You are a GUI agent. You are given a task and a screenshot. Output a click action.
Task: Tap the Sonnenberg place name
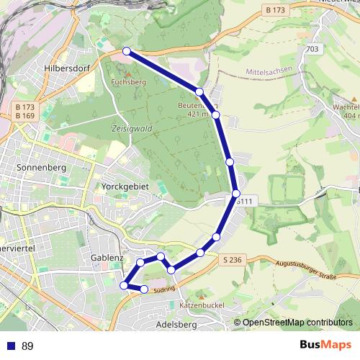40,167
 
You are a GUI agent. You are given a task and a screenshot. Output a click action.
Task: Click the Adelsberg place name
176,325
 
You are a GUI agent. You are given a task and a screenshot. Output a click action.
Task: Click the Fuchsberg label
130,82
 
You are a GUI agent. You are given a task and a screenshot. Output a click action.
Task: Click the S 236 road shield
232,259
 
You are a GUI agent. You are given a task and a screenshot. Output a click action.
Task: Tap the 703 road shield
312,49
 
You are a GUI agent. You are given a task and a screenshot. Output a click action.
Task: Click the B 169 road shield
24,115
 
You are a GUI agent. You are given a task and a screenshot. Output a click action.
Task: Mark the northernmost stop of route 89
127,51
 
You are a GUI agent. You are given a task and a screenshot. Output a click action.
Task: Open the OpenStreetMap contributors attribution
297,323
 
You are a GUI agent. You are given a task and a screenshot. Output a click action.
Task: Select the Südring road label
165,289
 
